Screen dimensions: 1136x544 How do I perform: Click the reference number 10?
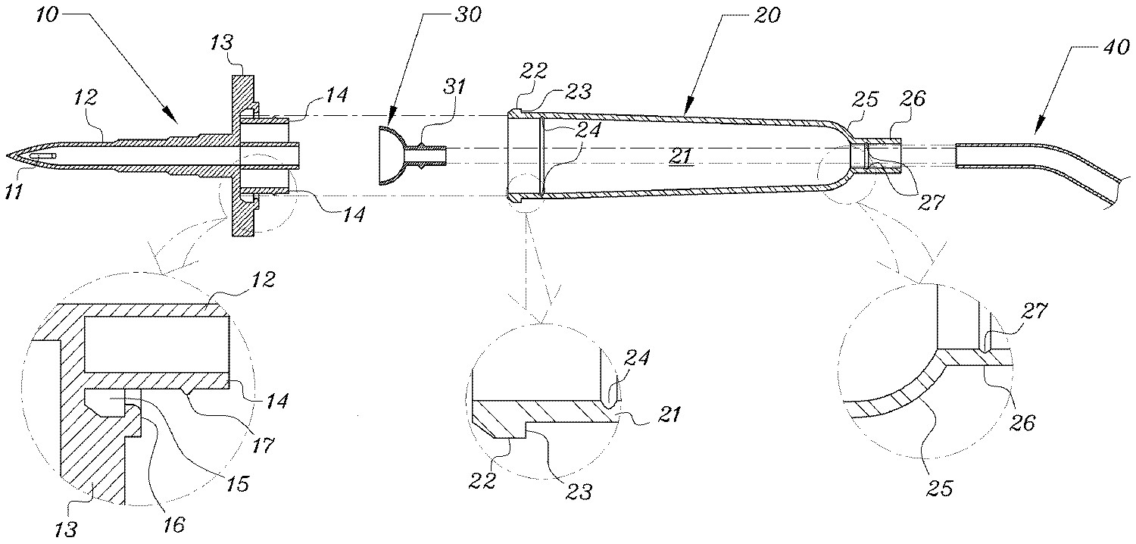[47, 14]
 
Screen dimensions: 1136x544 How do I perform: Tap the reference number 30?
[467, 14]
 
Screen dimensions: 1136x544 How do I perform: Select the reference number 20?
[766, 15]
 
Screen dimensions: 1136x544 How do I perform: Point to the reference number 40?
[1116, 47]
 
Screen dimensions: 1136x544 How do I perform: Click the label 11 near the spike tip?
[14, 192]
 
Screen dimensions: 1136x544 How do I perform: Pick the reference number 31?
[454, 87]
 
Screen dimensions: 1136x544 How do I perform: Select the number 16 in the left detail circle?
[174, 524]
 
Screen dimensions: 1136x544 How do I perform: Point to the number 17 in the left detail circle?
[264, 445]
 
